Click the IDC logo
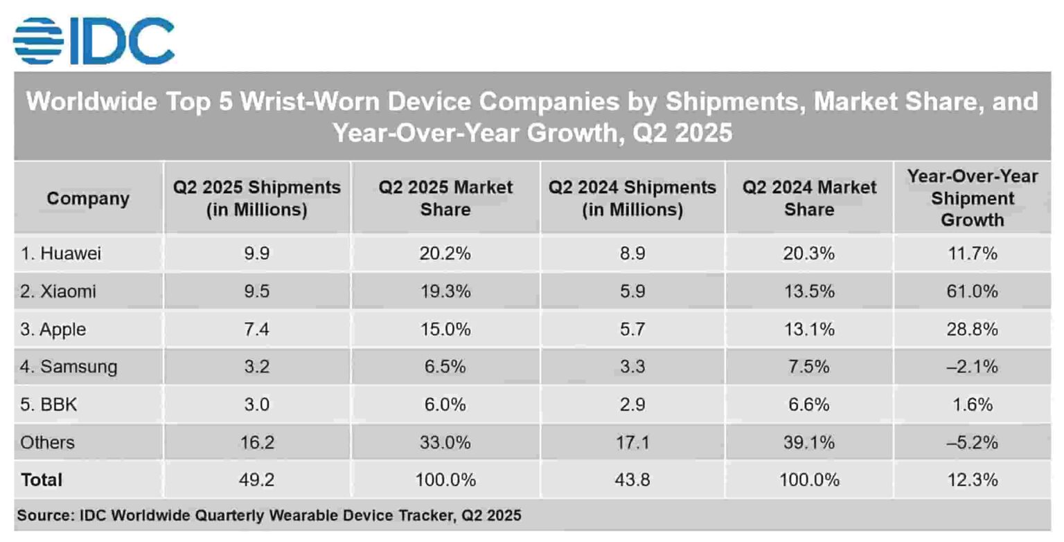pyautogui.click(x=94, y=41)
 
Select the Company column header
pyautogui.click(x=88, y=199)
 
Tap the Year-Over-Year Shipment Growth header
pyautogui.click(x=972, y=198)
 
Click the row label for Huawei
pyautogui.click(x=61, y=253)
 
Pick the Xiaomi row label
pyautogui.click(x=58, y=291)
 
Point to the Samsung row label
pyautogui.click(x=69, y=366)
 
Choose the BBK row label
pyautogui.click(x=48, y=404)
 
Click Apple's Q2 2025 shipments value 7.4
pyautogui.click(x=256, y=329)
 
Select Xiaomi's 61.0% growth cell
pyautogui.click(x=972, y=291)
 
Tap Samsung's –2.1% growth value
pyautogui.click(x=972, y=366)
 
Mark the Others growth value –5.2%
pyautogui.click(x=972, y=442)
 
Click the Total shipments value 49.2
pyautogui.click(x=256, y=479)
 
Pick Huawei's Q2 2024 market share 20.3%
pyautogui.click(x=809, y=253)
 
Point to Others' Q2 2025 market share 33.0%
pyautogui.click(x=445, y=442)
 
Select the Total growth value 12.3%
pyautogui.click(x=972, y=479)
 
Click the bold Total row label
pyautogui.click(x=42, y=479)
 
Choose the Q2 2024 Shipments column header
pyautogui.click(x=632, y=199)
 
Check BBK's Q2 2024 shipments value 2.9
pyautogui.click(x=632, y=404)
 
